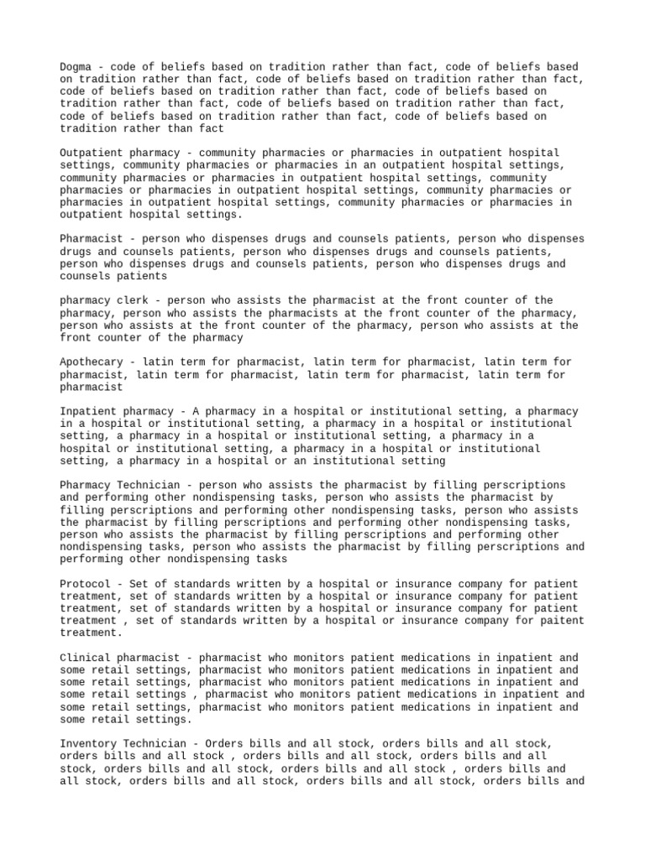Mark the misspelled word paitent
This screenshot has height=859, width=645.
pyautogui.click(x=562, y=621)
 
